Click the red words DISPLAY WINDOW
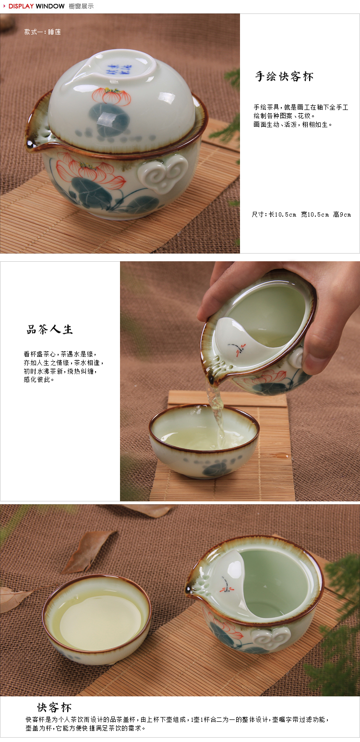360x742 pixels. pyautogui.click(x=36, y=6)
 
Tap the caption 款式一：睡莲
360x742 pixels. pyautogui.click(x=42, y=32)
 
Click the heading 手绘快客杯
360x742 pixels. pyautogui.click(x=284, y=76)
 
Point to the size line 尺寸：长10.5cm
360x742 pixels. pyautogui.click(x=274, y=214)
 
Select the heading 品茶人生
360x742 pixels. pyautogui.click(x=49, y=329)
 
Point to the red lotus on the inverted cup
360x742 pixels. pyautogui.click(x=111, y=96)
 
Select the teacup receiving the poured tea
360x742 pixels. pyautogui.click(x=204, y=441)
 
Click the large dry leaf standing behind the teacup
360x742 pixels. pyautogui.click(x=88, y=551)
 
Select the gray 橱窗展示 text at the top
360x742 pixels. pyautogui.click(x=81, y=6)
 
